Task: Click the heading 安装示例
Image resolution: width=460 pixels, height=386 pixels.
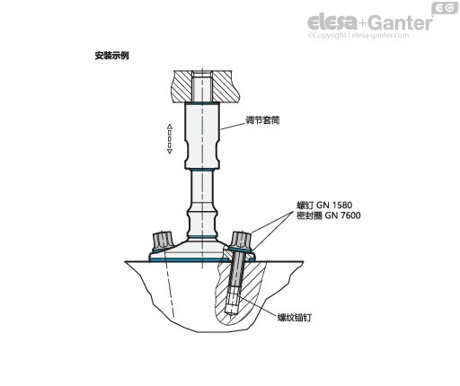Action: coord(111,56)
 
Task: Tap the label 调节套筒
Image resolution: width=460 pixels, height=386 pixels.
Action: coord(262,120)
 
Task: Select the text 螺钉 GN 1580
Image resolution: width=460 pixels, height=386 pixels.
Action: coord(324,206)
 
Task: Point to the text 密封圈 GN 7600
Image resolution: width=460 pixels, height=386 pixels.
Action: coord(329,215)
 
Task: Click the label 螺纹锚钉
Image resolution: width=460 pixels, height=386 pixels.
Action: coord(295,317)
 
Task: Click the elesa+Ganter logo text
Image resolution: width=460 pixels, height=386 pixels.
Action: coord(370,22)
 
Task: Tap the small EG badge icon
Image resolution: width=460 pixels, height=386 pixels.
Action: coord(445,8)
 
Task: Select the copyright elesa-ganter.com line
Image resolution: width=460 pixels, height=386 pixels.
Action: coord(358,35)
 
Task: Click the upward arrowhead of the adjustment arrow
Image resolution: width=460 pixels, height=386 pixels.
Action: coord(170,126)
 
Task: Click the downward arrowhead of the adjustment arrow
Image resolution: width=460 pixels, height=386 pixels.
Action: coord(170,152)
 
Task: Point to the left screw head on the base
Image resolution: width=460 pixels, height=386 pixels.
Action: coord(162,241)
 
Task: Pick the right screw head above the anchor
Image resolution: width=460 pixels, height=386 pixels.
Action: coord(242,241)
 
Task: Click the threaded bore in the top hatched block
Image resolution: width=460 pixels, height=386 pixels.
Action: coord(202,86)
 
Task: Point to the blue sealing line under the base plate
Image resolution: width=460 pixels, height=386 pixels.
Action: coord(202,260)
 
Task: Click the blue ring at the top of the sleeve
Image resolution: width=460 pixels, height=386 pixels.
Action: coord(202,102)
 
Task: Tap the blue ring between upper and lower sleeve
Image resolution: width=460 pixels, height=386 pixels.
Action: coord(202,170)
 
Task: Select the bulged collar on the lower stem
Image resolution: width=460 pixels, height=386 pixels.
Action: coord(202,222)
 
